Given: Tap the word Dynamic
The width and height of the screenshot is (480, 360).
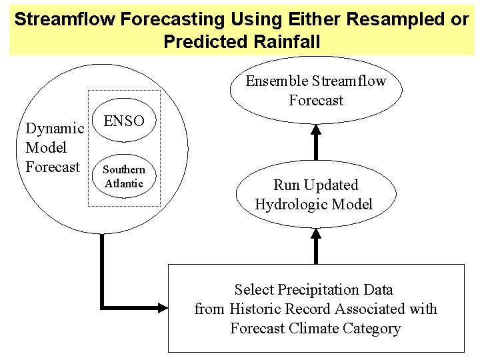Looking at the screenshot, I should [x=54, y=127].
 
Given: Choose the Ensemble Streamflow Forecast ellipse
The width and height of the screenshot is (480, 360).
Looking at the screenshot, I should [x=316, y=92].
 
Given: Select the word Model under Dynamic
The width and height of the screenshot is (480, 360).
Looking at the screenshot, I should [x=44, y=147].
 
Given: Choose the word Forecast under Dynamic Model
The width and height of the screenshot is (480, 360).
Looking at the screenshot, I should [x=53, y=166].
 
